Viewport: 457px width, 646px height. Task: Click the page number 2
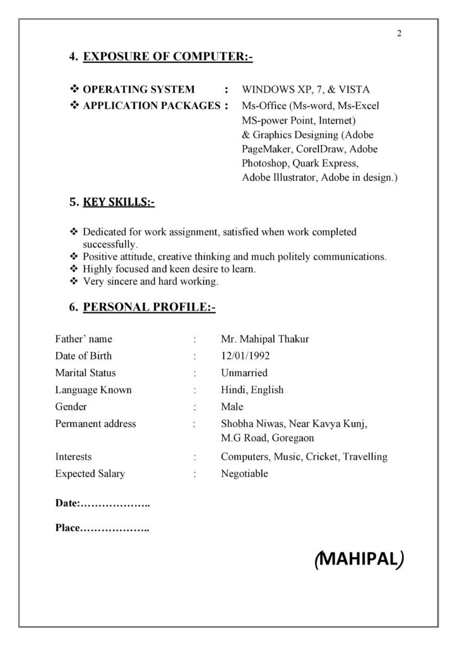[400, 34]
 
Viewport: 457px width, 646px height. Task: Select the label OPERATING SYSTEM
[139, 90]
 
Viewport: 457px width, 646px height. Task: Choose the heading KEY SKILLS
[119, 203]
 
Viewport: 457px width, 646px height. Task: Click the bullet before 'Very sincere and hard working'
[74, 281]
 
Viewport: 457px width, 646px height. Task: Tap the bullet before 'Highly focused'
[74, 269]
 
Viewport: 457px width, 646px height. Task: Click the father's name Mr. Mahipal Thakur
[264, 339]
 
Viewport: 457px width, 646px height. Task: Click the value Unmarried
[244, 373]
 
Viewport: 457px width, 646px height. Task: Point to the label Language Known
[93, 390]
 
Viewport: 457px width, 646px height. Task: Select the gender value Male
[232, 407]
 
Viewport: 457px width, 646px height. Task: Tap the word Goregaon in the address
[292, 438]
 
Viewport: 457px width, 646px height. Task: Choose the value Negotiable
[244, 473]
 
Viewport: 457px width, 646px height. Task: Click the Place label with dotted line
[102, 528]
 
